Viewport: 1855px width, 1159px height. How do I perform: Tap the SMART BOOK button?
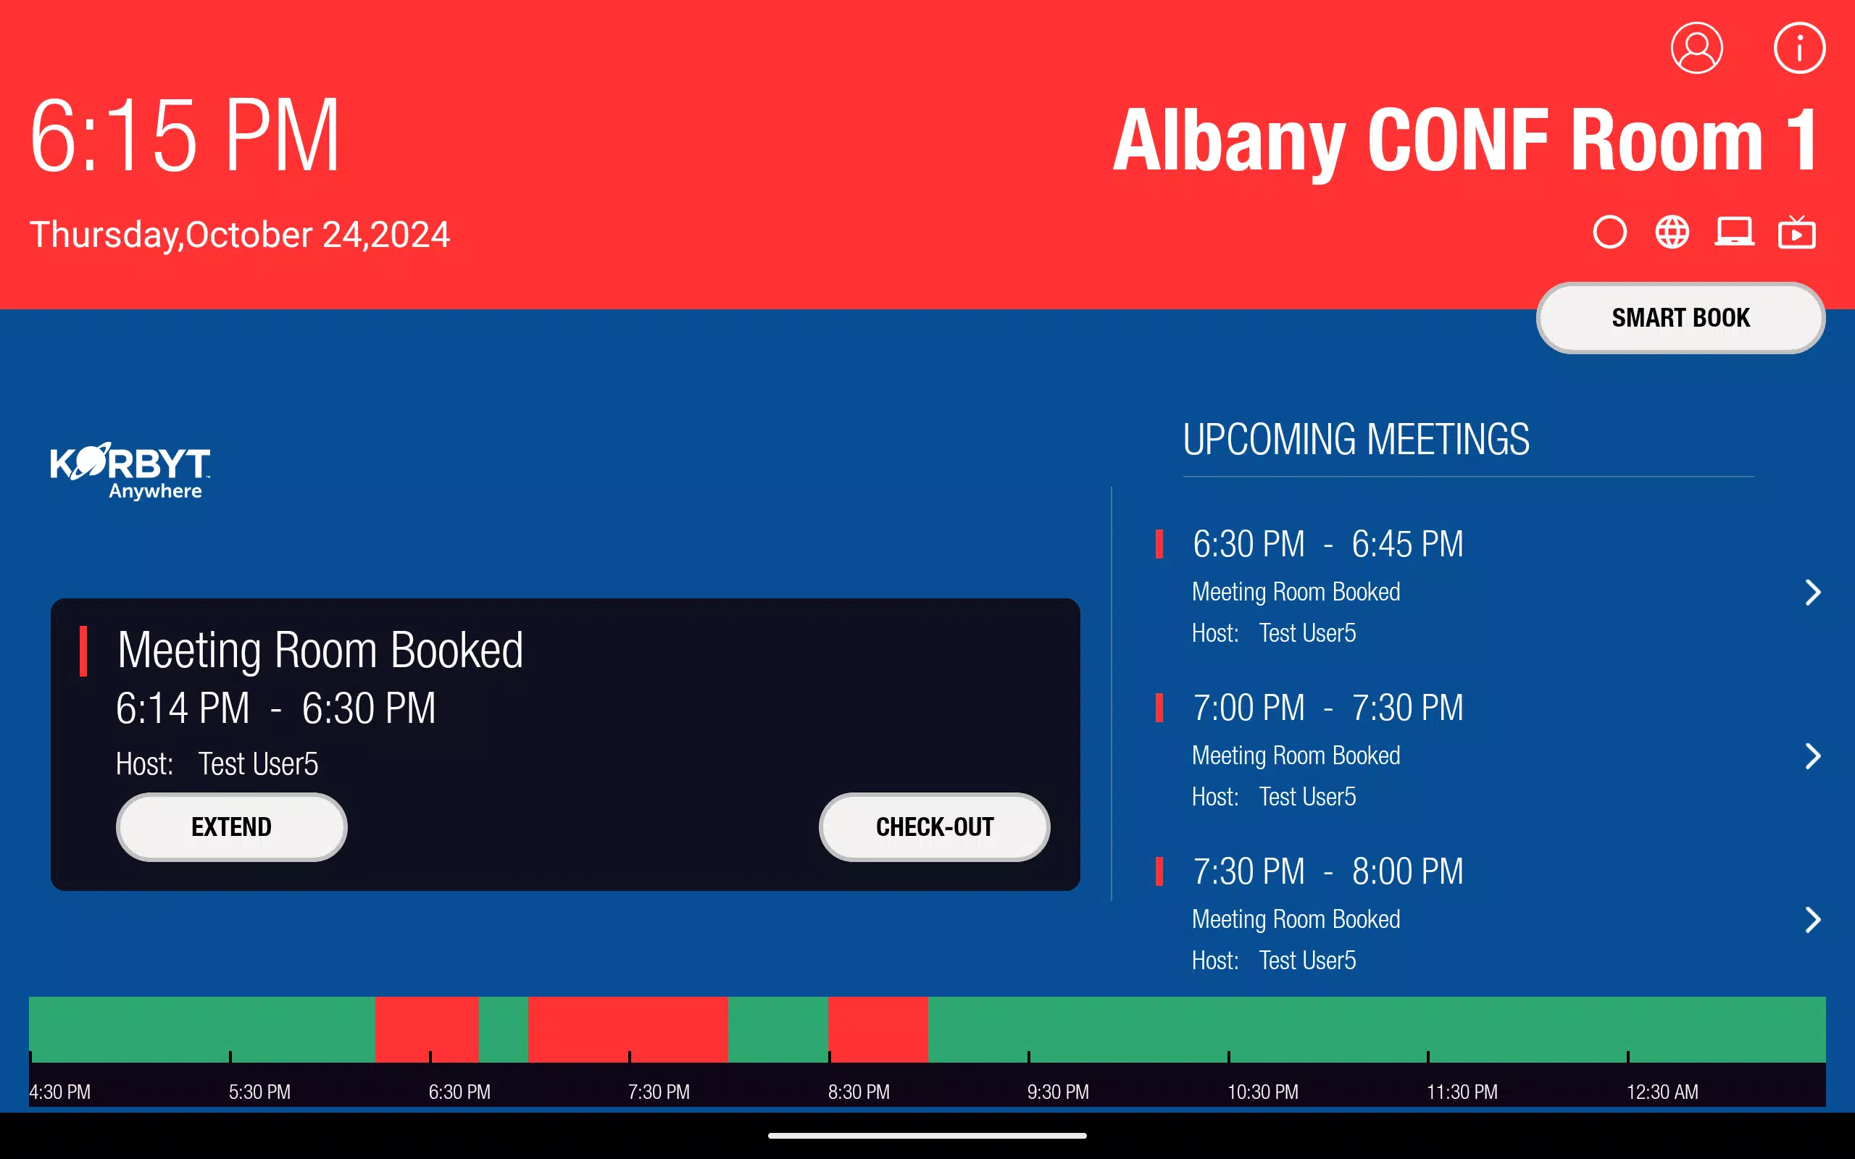click(x=1680, y=317)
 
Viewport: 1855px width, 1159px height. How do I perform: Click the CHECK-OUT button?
click(x=935, y=827)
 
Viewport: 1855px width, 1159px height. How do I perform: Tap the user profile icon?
click(x=1696, y=48)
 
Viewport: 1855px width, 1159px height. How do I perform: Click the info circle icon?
click(x=1799, y=48)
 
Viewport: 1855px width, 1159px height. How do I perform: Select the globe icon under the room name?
click(x=1672, y=233)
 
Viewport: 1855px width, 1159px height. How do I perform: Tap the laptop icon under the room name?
click(x=1734, y=232)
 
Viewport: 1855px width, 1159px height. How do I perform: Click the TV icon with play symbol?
click(x=1797, y=233)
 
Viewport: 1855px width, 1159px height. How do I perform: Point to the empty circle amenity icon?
click(x=1609, y=233)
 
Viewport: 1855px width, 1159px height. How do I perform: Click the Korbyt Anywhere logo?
click(x=130, y=471)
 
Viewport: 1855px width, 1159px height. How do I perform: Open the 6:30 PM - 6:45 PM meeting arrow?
click(x=1812, y=593)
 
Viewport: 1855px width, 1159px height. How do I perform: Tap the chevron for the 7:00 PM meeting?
click(x=1812, y=756)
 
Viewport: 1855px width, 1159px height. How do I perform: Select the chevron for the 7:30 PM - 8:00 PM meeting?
click(x=1812, y=920)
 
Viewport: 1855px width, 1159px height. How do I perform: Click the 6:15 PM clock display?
click(x=185, y=135)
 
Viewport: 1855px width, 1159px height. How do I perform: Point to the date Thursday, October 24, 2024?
click(x=239, y=235)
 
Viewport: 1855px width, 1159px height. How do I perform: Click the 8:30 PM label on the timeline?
click(x=859, y=1092)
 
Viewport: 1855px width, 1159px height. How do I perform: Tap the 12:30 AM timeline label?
click(x=1662, y=1092)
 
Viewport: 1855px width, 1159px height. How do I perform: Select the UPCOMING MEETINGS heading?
click(x=1356, y=440)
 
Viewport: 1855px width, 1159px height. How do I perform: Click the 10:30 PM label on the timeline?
click(x=1262, y=1092)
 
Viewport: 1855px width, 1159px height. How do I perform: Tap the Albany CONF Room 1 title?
click(x=1466, y=141)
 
